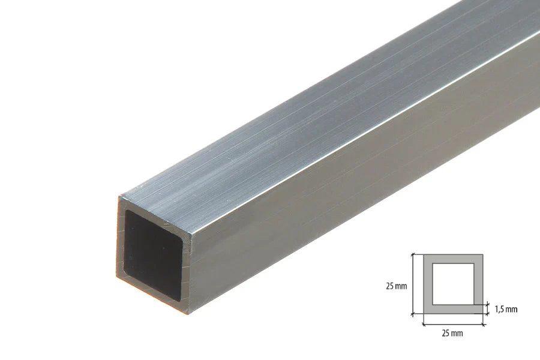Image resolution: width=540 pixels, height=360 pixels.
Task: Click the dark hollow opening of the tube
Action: tap(153, 252)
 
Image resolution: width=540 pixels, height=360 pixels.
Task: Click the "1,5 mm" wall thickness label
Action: tap(506, 310)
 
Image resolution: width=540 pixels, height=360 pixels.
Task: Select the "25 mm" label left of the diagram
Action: tap(396, 286)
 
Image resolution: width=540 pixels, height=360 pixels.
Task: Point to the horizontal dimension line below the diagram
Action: tap(453, 324)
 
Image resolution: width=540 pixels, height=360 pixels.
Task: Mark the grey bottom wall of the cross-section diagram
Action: tap(453, 309)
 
